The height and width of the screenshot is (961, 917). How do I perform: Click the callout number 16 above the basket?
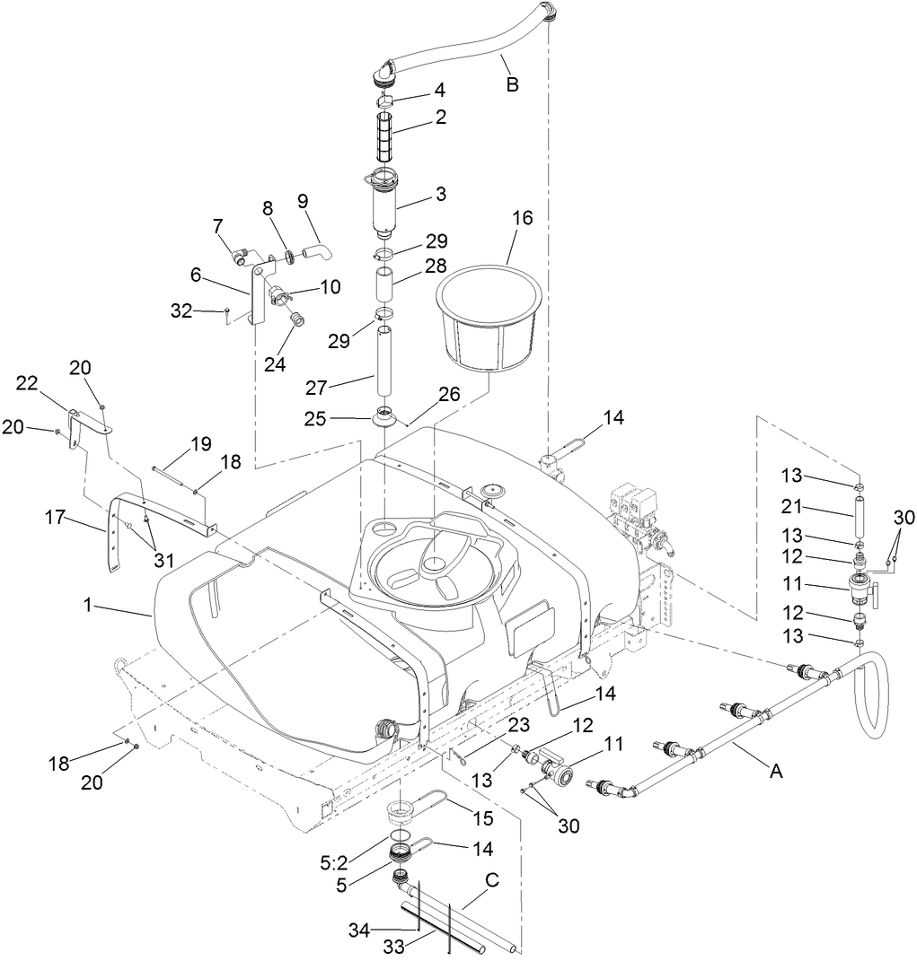point(522,218)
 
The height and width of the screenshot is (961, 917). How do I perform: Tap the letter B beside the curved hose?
point(512,85)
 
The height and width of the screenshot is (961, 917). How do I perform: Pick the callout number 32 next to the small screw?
point(182,311)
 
